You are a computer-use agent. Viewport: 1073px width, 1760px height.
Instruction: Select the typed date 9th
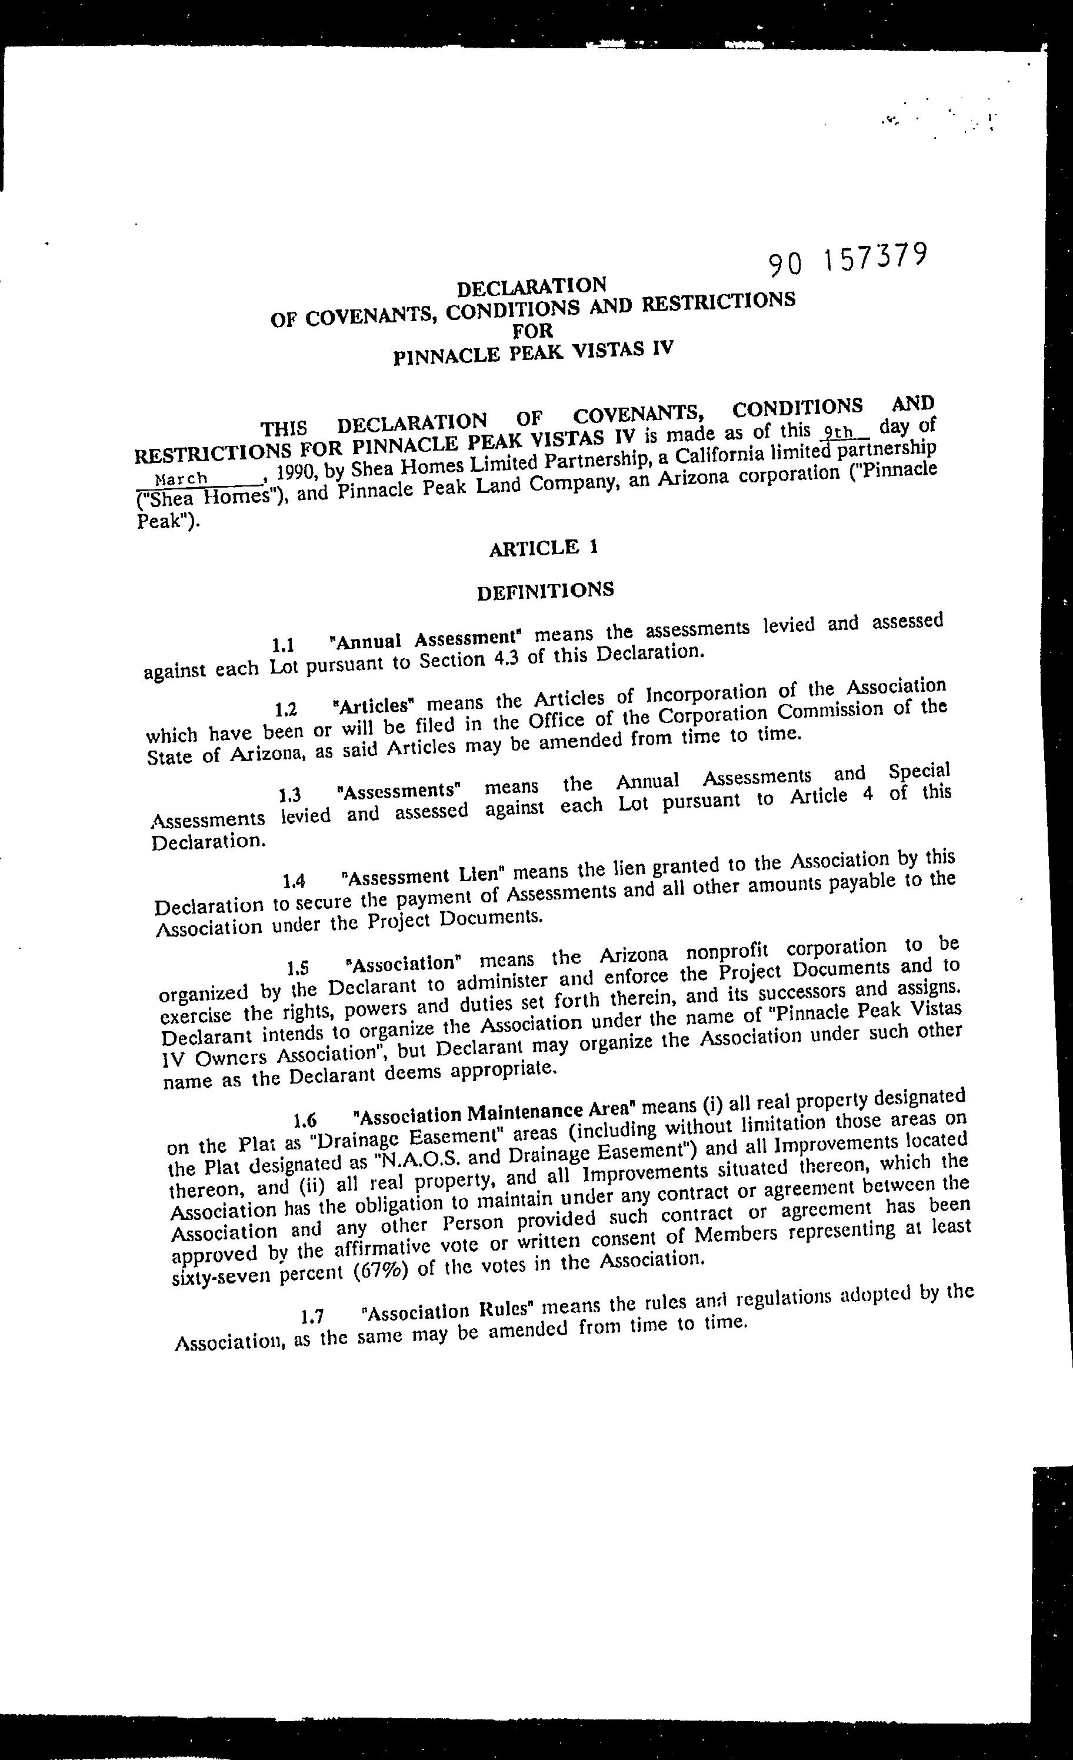(x=837, y=431)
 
